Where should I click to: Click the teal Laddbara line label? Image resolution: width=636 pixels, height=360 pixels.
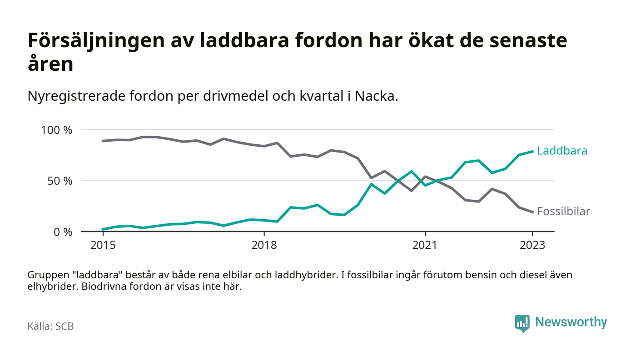pos(562,151)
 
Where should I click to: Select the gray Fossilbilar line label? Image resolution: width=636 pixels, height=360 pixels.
pos(563,211)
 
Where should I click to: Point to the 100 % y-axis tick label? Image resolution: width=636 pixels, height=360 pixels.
pos(57,130)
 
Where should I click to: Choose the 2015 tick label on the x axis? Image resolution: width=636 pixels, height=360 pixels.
pos(103,246)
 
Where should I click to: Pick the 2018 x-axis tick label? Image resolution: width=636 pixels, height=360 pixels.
pos(264,246)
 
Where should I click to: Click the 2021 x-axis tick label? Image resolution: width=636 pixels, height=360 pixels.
pos(425,246)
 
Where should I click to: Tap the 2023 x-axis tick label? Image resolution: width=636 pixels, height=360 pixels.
pos(532,246)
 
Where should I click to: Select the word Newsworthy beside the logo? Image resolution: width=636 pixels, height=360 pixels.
pos(571,322)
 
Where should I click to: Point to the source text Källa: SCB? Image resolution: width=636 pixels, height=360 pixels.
pos(50,326)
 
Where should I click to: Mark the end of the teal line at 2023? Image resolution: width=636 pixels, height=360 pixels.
pos(532,151)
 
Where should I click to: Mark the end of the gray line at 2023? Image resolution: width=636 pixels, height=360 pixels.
pos(532,212)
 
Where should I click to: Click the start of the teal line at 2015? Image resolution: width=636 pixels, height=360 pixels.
pos(103,229)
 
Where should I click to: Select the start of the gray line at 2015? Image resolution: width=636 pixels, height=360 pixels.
pos(103,141)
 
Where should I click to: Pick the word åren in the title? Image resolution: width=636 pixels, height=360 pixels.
pos(50,64)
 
